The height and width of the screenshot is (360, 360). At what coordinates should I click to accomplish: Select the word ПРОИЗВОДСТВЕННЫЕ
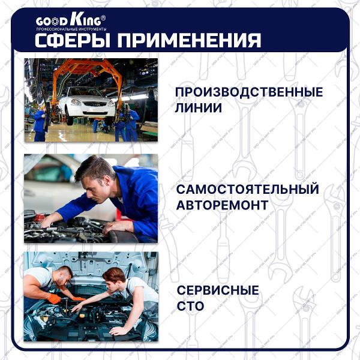click(249, 92)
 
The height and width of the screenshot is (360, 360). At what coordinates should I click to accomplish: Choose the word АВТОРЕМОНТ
click(222, 205)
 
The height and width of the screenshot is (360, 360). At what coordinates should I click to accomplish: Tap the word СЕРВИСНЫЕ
click(218, 290)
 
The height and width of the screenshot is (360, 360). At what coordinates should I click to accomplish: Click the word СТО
click(190, 306)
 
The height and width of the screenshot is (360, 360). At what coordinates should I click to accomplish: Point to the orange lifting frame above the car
click(87, 69)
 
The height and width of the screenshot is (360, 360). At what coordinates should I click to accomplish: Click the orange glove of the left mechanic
click(54, 298)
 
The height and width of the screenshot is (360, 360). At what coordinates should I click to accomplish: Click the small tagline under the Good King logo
click(71, 29)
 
